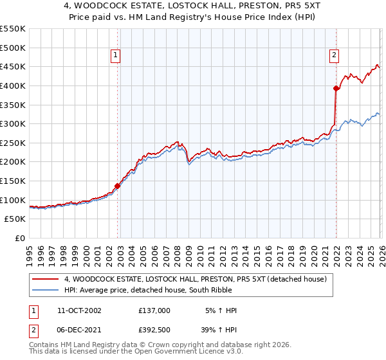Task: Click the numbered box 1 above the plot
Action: coord(115,56)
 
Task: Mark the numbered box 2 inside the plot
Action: coord(335,56)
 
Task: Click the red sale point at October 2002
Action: coord(118,186)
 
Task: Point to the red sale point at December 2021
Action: coord(336,88)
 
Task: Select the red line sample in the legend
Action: coord(46,279)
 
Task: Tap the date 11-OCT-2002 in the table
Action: coord(79,310)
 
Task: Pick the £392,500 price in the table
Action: coord(154,328)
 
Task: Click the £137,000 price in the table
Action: coord(154,310)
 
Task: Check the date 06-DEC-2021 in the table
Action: coord(79,328)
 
